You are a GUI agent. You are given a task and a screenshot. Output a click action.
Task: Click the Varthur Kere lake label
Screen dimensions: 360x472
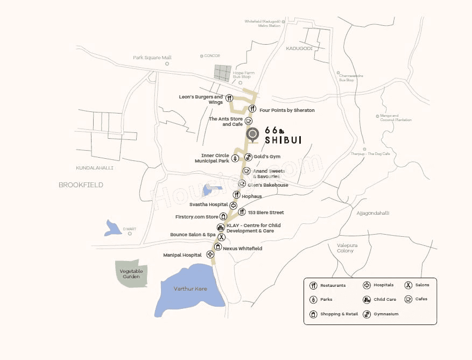(x=190, y=289)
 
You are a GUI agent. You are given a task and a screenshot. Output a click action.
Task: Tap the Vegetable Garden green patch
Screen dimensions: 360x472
(x=131, y=273)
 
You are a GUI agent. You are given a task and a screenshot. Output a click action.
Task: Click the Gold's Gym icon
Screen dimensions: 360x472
(x=248, y=157)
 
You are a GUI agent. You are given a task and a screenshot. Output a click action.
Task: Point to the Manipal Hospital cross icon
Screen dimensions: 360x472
(x=210, y=254)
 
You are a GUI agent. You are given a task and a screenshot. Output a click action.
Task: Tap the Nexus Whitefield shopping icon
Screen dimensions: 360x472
(x=217, y=246)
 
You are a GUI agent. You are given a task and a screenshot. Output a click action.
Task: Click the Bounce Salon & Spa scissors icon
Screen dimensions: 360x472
(x=221, y=236)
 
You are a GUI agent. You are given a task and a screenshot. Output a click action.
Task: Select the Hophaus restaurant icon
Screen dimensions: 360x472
(x=236, y=195)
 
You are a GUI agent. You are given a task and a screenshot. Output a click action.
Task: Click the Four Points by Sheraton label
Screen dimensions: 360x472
(x=287, y=110)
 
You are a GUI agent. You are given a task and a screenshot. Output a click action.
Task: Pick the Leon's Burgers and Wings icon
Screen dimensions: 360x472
(x=229, y=98)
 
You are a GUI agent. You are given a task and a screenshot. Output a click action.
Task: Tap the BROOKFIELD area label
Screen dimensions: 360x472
(x=81, y=185)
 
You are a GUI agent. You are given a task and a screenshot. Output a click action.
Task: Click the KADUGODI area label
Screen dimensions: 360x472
(x=299, y=48)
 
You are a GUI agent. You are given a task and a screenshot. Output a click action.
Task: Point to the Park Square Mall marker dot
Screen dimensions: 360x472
(x=167, y=63)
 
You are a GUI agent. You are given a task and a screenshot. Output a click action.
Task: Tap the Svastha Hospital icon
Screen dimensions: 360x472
(x=233, y=205)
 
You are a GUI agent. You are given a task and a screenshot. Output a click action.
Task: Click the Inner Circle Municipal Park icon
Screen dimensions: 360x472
(x=235, y=158)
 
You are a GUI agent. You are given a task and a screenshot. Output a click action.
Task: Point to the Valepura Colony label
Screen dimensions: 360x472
(x=346, y=248)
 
